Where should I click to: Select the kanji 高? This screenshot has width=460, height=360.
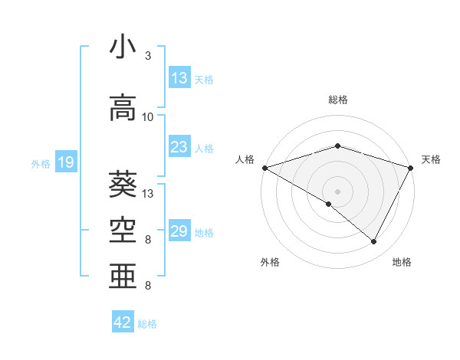(x=123, y=108)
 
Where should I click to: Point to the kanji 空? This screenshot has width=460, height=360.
(x=123, y=227)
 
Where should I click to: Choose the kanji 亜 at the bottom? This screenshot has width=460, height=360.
(x=123, y=276)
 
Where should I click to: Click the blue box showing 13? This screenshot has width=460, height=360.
(x=179, y=78)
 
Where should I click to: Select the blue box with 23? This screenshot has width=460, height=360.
(x=179, y=147)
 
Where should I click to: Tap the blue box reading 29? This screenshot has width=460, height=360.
(x=179, y=231)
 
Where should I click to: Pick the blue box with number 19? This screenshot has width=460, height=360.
(x=65, y=162)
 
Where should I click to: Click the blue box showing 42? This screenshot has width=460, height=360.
(x=123, y=322)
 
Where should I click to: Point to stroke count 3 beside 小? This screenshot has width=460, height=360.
(x=148, y=56)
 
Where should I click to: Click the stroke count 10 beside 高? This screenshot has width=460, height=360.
(x=148, y=117)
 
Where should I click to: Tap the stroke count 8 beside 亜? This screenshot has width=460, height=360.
(x=148, y=286)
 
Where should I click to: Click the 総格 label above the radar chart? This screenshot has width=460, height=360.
(x=337, y=100)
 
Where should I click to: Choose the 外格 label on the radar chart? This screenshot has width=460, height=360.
(x=270, y=262)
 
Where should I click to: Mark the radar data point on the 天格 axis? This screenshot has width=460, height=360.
(x=412, y=168)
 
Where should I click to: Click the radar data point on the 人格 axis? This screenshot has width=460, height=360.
(x=264, y=168)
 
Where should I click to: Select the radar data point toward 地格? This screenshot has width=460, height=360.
(x=374, y=242)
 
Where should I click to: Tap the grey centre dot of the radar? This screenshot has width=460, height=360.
(x=337, y=191)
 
